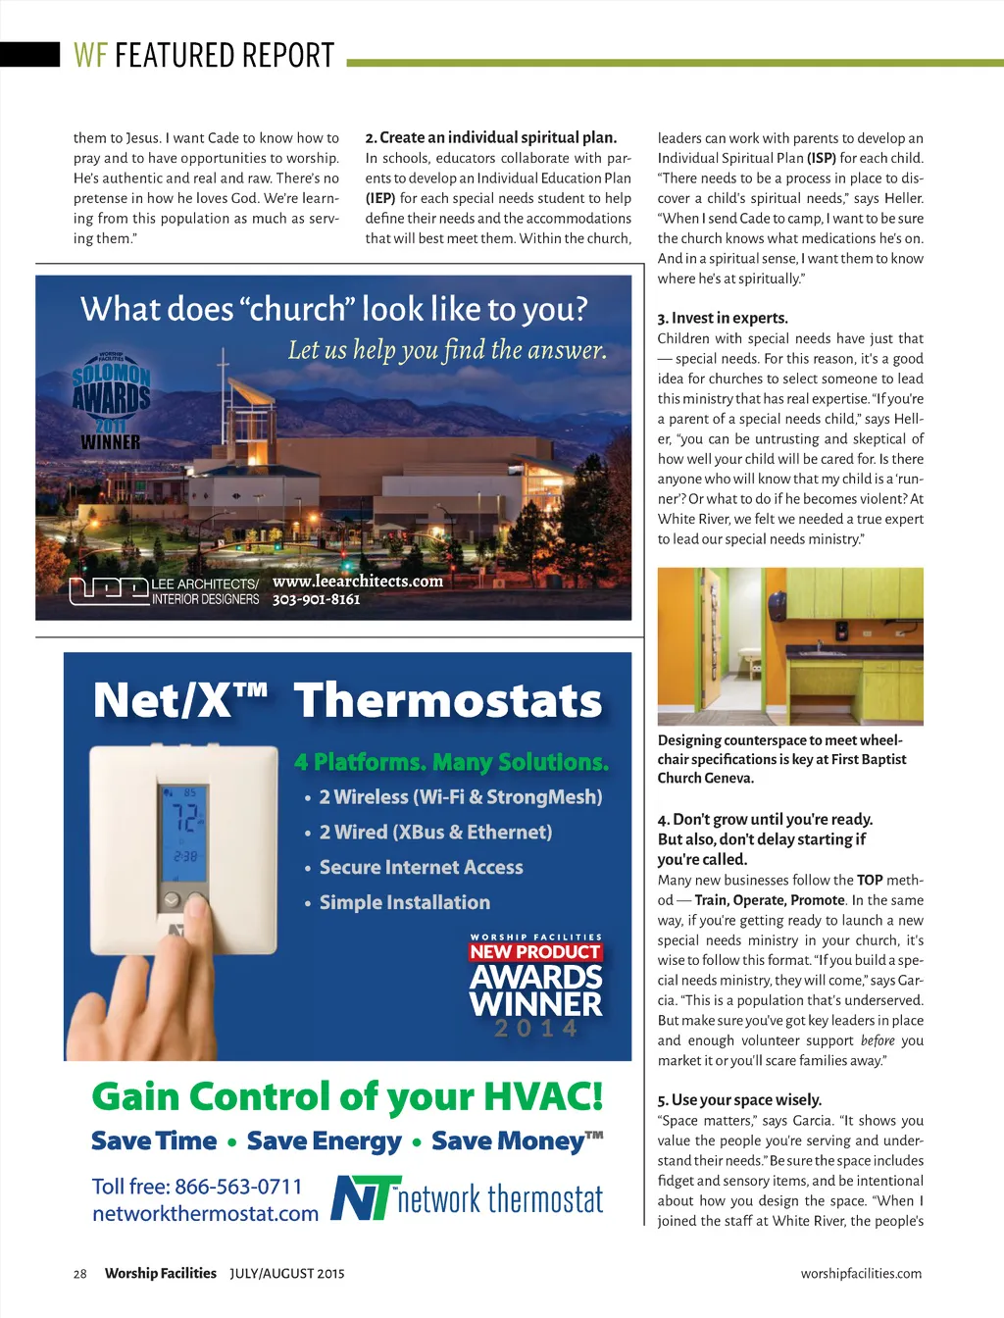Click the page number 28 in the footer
[x=79, y=1274]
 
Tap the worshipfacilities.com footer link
[x=861, y=1274]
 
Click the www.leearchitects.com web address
[x=358, y=581]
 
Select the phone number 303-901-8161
[x=316, y=599]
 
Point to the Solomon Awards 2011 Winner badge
[x=111, y=401]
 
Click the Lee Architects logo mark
[x=108, y=591]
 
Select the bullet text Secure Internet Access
[x=421, y=867]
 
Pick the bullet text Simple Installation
[x=404, y=902]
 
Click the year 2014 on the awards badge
[x=535, y=1029]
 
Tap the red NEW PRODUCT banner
[x=534, y=951]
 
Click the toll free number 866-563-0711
[x=238, y=1187]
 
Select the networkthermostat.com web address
[x=205, y=1214]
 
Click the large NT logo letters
[x=365, y=1197]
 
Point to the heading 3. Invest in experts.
[x=723, y=318]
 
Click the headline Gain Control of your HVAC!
[x=347, y=1096]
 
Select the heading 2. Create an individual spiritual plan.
[x=490, y=137]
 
